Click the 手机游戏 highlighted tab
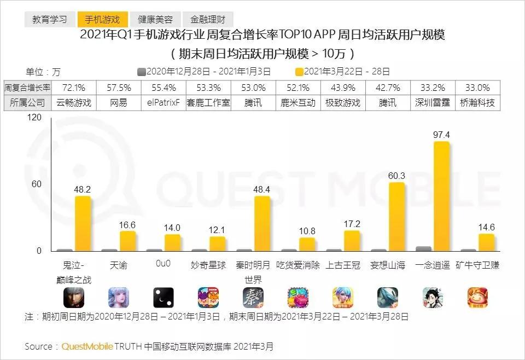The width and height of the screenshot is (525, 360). click(102, 19)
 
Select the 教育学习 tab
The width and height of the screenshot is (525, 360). click(50, 19)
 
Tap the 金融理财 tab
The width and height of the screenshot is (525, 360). click(207, 19)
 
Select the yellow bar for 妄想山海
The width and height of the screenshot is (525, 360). click(396, 217)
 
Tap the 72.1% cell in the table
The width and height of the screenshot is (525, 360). click(74, 88)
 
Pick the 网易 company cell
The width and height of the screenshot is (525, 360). click(119, 102)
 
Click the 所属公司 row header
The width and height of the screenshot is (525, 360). click(27, 102)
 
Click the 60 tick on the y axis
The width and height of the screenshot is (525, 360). click(37, 184)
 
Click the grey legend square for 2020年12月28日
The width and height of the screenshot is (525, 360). click(141, 72)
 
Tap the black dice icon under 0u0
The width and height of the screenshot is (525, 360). click(164, 298)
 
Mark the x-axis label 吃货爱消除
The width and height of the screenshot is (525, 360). click(298, 265)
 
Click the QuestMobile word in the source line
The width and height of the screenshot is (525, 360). click(87, 346)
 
